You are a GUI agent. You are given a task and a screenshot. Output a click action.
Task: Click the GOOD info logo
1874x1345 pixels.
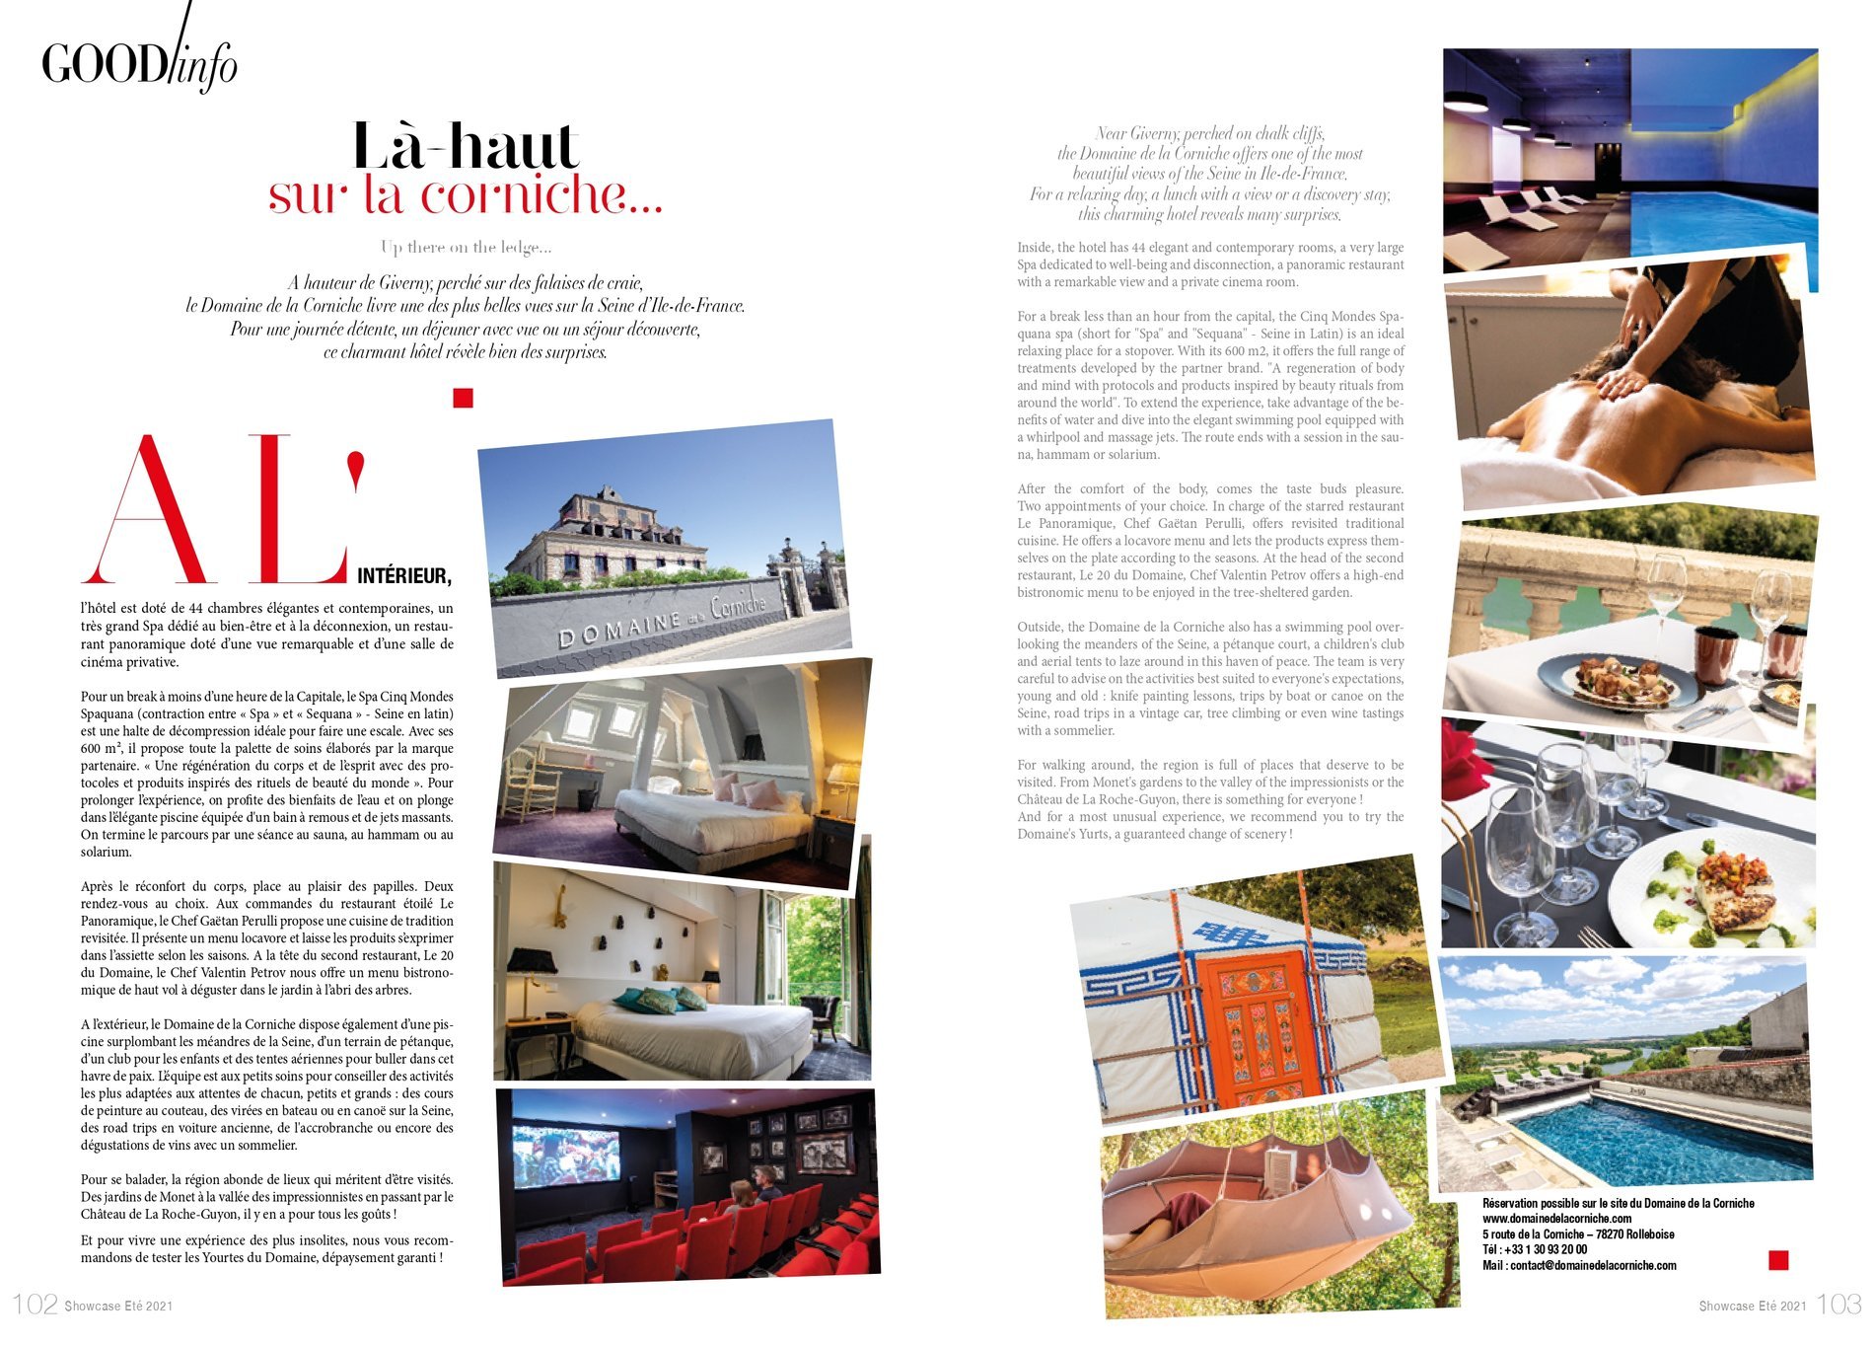(139, 61)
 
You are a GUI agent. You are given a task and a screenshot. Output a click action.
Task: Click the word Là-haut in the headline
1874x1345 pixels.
(465, 147)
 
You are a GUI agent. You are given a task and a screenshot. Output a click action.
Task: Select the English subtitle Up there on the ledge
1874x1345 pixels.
(466, 247)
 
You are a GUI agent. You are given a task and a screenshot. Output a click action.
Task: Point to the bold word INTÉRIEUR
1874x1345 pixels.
(403, 576)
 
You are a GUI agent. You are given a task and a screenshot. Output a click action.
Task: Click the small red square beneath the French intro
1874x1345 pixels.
(463, 398)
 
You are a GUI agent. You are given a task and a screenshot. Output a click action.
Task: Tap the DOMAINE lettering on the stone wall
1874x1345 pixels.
(620, 628)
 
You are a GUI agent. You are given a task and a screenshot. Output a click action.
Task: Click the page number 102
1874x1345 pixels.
(36, 1304)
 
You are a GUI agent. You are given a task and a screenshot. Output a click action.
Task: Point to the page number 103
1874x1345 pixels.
(1838, 1304)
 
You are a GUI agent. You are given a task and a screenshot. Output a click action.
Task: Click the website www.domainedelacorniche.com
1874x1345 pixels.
(1556, 1219)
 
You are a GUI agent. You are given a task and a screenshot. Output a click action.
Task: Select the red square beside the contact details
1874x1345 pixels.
(1778, 1259)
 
